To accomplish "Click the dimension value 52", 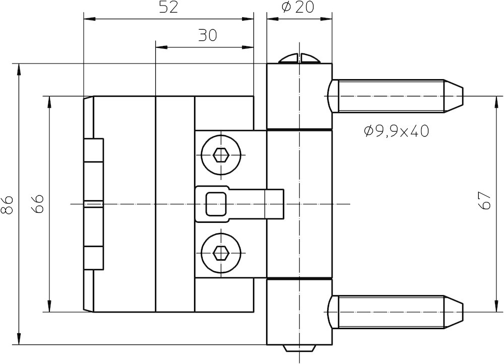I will point(168,8).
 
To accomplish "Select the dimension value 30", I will point(207,35).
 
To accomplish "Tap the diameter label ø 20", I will point(297,8).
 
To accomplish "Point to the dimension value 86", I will point(7,204).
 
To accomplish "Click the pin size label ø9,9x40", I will point(396,131).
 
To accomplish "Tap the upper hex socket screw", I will point(221,155).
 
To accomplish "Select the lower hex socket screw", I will point(221,252).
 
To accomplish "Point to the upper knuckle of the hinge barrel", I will point(299,96).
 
